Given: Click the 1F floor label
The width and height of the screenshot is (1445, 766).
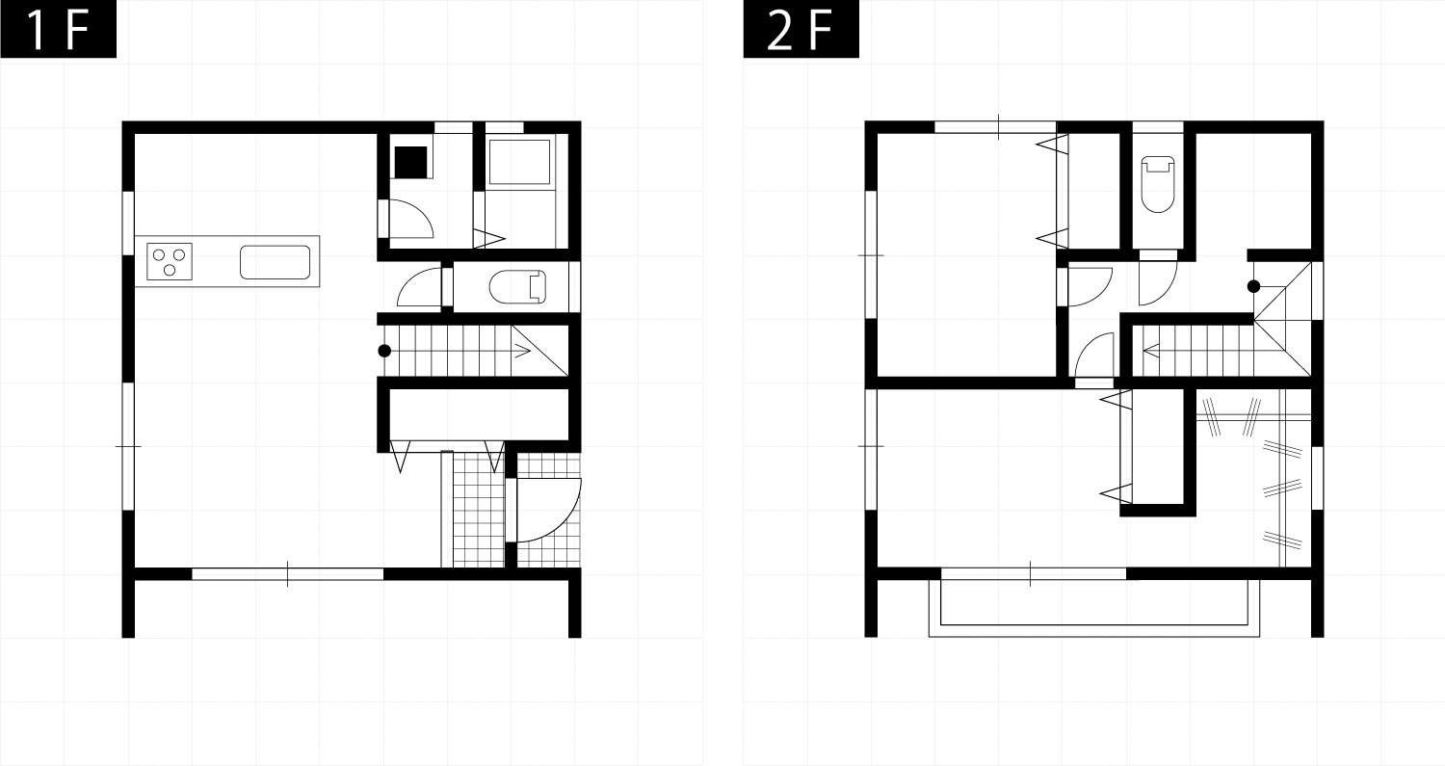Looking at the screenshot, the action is [58, 29].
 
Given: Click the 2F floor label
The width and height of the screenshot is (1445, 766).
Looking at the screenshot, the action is [801, 29].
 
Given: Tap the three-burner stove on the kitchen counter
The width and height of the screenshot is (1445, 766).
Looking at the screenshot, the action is [170, 261].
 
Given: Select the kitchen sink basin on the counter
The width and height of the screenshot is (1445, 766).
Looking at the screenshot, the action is [275, 262].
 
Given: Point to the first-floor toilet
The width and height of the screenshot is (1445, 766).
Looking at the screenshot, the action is [518, 286].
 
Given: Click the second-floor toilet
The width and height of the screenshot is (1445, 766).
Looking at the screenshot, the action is [1158, 184].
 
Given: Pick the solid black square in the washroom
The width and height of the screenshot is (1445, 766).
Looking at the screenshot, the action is [411, 162].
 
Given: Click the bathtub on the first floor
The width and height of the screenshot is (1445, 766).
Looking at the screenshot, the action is [520, 161].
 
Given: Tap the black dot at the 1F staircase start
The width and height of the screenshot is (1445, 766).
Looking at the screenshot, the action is [384, 351].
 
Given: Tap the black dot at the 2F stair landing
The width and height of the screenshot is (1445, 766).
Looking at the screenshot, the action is [1253, 286].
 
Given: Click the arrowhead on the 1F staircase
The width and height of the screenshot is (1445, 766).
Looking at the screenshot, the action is [522, 351].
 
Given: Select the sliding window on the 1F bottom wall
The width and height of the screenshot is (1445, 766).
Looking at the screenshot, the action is [288, 573].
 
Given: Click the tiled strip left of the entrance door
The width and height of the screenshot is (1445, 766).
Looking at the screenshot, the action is [479, 510].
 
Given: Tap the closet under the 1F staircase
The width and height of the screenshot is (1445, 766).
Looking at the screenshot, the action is [480, 415].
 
